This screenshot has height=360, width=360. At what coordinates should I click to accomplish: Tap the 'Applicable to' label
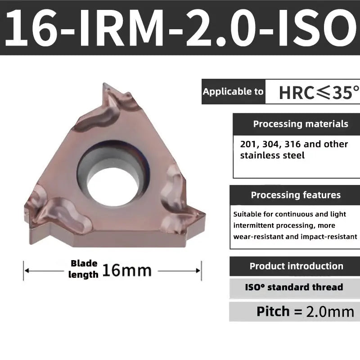tap(233, 92)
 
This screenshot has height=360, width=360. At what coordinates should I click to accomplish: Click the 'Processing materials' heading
tap(301, 124)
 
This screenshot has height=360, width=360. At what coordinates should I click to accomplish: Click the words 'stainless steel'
tap(272, 156)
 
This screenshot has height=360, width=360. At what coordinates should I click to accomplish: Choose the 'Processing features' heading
tap(296, 195)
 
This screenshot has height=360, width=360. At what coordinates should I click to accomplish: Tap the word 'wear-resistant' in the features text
tap(256, 236)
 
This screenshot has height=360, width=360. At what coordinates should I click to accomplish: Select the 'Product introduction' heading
tap(296, 266)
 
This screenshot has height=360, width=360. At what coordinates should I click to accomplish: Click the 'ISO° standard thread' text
tap(294, 287)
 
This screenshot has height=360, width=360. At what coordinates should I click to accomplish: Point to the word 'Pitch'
tap(273, 311)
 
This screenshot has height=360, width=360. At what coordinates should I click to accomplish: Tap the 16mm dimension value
tap(127, 270)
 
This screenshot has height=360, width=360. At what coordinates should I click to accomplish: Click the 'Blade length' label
tap(84, 269)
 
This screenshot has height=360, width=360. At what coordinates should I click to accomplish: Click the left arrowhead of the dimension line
tap(27, 271)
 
